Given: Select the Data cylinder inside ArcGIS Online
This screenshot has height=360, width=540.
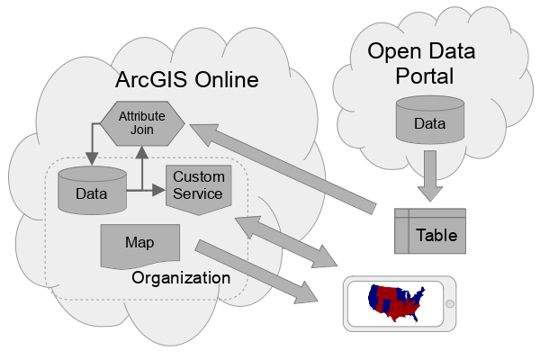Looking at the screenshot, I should (92, 190).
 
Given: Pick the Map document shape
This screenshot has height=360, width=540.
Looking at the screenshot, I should (139, 245).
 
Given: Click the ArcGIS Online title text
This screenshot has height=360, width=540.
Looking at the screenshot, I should (186, 80).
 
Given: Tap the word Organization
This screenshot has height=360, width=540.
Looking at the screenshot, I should (181, 278).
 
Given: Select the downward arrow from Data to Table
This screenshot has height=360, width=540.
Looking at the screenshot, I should (429, 175).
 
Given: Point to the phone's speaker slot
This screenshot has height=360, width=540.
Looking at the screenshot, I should (353, 303).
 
